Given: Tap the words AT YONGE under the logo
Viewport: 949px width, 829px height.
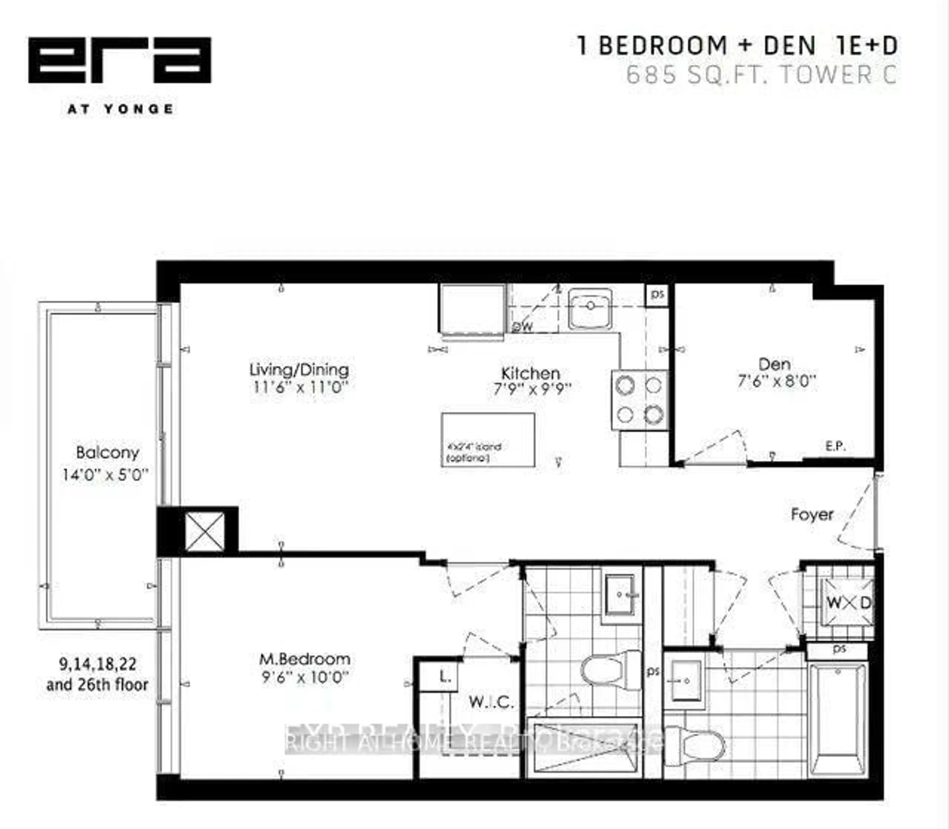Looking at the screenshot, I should [x=120, y=109].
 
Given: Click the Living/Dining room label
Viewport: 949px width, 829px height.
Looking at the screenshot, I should [x=299, y=370].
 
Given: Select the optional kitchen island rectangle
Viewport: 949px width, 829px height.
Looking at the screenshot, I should [x=488, y=439].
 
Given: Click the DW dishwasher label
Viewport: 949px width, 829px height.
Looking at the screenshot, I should [x=523, y=327].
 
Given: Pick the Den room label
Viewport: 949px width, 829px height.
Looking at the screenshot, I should [x=775, y=364].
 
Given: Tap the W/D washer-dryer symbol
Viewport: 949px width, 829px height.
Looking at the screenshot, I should [x=848, y=602].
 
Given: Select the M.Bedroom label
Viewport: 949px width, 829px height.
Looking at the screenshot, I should [x=304, y=659].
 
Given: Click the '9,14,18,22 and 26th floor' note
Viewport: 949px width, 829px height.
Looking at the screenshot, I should [x=98, y=675].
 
